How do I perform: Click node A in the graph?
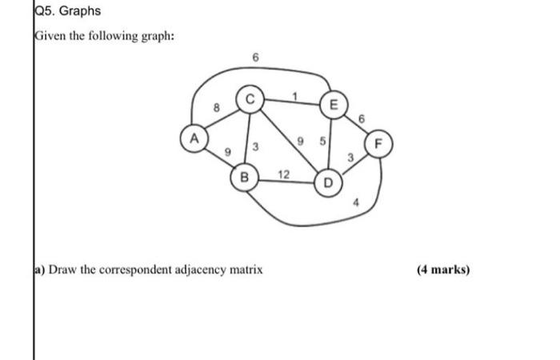(193, 137)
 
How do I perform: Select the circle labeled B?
(245, 176)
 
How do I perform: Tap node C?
(249, 100)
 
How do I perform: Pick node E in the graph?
(334, 104)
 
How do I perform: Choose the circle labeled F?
(379, 145)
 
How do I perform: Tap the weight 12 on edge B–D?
(283, 174)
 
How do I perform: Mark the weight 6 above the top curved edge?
(255, 58)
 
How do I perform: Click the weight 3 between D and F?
(350, 156)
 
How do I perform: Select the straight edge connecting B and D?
(286, 182)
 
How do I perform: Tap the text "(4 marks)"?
(443, 270)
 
